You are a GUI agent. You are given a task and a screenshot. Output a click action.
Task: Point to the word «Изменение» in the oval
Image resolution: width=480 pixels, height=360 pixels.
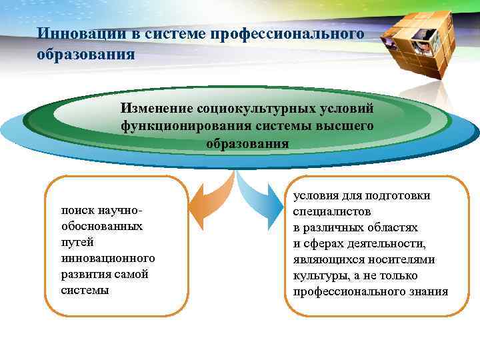(x=157, y=108)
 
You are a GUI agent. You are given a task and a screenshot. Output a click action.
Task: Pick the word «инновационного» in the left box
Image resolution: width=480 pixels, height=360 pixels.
(x=107, y=258)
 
